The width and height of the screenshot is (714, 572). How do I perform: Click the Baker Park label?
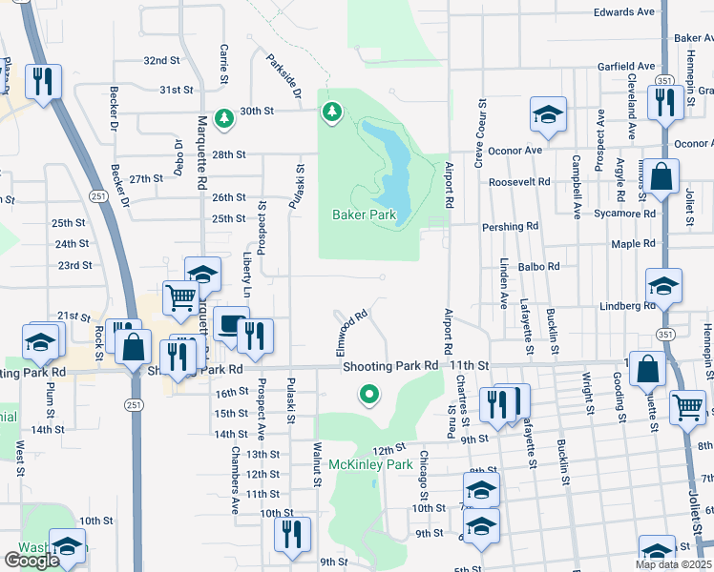[364, 215]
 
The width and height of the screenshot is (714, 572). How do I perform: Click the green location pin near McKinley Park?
[368, 393]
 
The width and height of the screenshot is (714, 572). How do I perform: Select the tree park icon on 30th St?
[224, 118]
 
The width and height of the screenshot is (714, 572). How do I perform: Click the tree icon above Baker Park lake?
[332, 113]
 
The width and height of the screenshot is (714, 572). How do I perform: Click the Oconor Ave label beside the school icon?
[514, 150]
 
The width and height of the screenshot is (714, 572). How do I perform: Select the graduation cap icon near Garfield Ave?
[549, 115]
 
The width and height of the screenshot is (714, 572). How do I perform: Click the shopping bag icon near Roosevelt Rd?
[661, 176]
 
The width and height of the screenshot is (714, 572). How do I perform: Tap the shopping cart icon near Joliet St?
[687, 407]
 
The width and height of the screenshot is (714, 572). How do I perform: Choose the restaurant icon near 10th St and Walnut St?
[289, 534]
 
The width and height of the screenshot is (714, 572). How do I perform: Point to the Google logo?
[31, 561]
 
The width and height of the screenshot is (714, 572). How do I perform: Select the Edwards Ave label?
[625, 12]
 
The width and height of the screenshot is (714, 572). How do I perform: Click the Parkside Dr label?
[284, 80]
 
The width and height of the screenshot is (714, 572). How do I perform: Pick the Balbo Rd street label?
[540, 268]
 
